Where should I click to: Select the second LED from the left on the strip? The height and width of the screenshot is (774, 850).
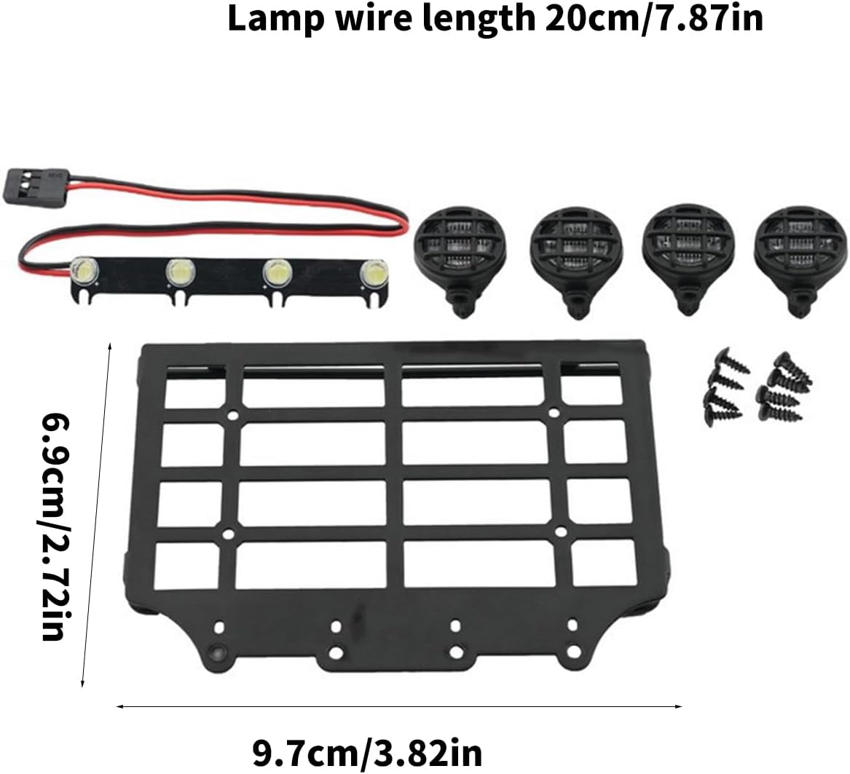pyautogui.click(x=180, y=270)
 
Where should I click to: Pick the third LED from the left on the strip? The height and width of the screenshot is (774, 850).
pyautogui.click(x=278, y=272)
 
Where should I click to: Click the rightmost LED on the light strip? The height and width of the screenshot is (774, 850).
pyautogui.click(x=374, y=273)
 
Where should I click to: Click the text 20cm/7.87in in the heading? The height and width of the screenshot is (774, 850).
pyautogui.click(x=654, y=19)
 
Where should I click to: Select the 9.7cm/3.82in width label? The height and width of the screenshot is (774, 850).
pyautogui.click(x=368, y=752)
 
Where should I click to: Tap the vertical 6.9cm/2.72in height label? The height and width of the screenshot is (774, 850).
pyautogui.click(x=55, y=527)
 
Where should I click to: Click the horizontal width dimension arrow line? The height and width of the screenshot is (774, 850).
pyautogui.click(x=399, y=706)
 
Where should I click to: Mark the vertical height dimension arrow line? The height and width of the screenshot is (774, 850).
pyautogui.click(x=96, y=515)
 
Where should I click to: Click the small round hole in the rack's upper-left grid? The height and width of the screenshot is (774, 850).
pyautogui.click(x=232, y=416)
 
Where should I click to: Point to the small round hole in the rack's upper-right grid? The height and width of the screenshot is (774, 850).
pyautogui.click(x=554, y=413)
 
